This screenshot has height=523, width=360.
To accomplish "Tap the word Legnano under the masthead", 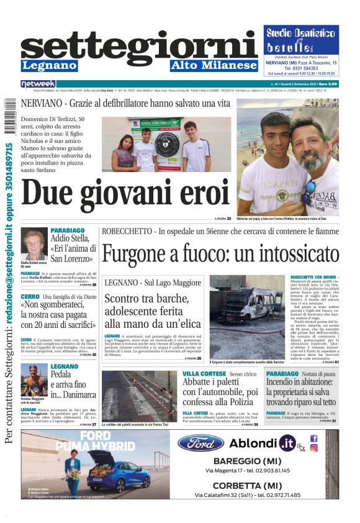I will click(49, 65).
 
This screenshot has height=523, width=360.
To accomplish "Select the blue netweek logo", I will click(38, 83).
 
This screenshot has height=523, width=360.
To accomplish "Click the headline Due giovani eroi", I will click(117, 194).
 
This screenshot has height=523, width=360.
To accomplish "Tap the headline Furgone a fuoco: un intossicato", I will click(220, 255).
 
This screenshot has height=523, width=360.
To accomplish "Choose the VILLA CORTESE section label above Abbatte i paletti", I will click(204, 374).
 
